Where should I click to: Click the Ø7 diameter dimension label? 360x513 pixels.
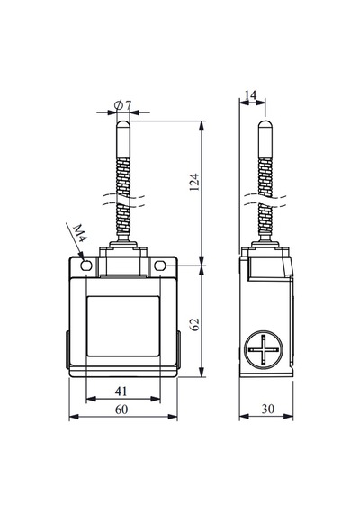[x=123, y=105]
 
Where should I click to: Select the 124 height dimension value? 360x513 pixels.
[x=194, y=182]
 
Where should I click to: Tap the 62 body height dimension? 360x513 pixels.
[x=195, y=324]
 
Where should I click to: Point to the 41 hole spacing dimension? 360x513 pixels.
[x=121, y=391]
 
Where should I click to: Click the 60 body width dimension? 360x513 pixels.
[x=121, y=409]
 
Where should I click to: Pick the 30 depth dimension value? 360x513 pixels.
[x=267, y=409]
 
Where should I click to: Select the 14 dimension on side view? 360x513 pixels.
[x=251, y=94]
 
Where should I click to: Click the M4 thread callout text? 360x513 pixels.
[x=79, y=233]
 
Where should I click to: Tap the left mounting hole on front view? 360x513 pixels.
[x=86, y=265]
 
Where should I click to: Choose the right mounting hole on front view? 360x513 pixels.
[x=159, y=265]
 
